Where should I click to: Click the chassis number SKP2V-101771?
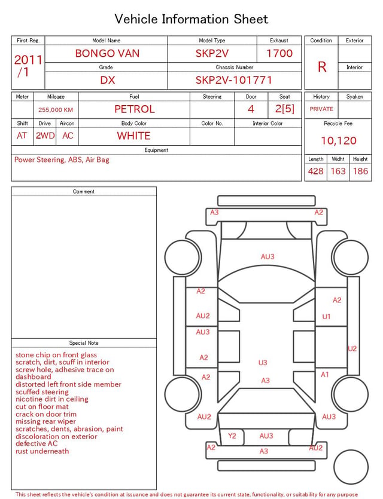click(x=233, y=80)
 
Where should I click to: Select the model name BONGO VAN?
click(x=107, y=53)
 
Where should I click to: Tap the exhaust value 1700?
click(x=279, y=53)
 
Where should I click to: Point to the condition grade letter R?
click(x=322, y=67)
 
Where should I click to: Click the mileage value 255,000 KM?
click(x=56, y=110)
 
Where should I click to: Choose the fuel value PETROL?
click(x=135, y=109)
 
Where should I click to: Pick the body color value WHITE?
click(x=133, y=136)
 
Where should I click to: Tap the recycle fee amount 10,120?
click(x=338, y=140)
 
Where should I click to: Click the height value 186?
click(x=360, y=171)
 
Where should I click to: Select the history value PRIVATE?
click(x=321, y=109)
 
